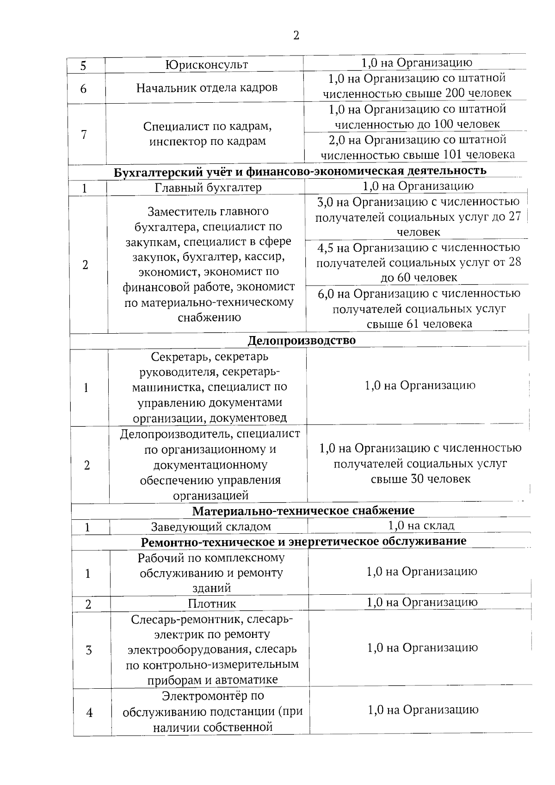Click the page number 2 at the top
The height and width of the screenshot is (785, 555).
click(x=296, y=36)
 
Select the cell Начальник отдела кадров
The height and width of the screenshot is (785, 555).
click(x=207, y=87)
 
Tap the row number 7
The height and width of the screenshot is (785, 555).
click(x=84, y=135)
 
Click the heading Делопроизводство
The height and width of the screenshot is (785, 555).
click(x=302, y=341)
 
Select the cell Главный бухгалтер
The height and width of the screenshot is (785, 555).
click(x=208, y=187)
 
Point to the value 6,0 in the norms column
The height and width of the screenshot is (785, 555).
click(x=327, y=293)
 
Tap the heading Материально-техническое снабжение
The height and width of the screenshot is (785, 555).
click(x=303, y=511)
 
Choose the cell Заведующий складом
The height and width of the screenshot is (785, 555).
click(x=211, y=527)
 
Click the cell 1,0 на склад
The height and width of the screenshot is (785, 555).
click(x=421, y=525)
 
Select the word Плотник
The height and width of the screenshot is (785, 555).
click(x=212, y=604)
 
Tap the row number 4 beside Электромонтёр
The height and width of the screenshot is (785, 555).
click(x=89, y=712)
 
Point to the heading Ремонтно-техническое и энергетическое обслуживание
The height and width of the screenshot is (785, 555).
click(x=303, y=541)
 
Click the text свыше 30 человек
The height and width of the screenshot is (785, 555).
click(x=420, y=479)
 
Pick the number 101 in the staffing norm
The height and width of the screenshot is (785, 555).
click(x=454, y=155)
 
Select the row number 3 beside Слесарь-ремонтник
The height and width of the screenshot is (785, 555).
click(x=89, y=650)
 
